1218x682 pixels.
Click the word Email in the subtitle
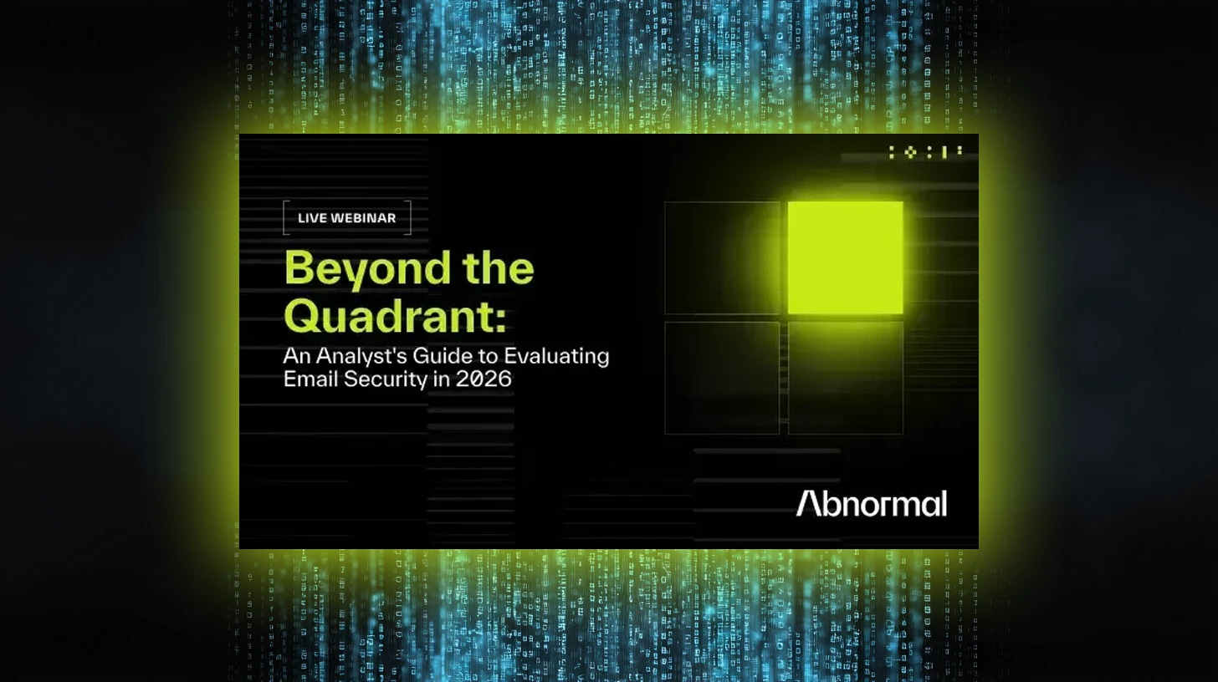point(310,379)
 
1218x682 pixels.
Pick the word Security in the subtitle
point(386,379)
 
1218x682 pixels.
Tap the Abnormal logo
point(872,503)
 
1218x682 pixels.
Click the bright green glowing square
point(845,257)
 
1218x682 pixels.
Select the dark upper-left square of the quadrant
point(722,257)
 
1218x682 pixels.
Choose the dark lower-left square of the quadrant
point(722,378)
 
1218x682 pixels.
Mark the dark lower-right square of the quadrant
point(845,378)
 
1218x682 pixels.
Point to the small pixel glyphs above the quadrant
point(925,152)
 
